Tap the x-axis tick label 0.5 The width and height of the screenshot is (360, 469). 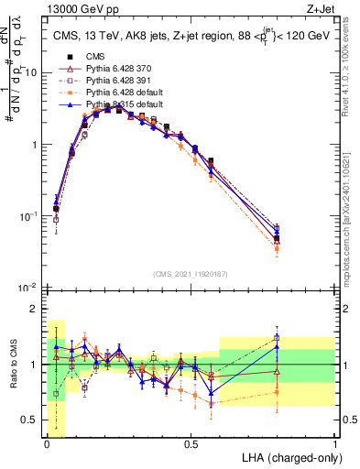click(x=191, y=444)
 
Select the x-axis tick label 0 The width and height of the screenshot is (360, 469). click(x=47, y=444)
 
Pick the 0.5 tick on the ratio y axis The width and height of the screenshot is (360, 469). click(x=33, y=420)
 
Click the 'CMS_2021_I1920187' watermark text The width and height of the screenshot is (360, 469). click(x=191, y=273)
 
